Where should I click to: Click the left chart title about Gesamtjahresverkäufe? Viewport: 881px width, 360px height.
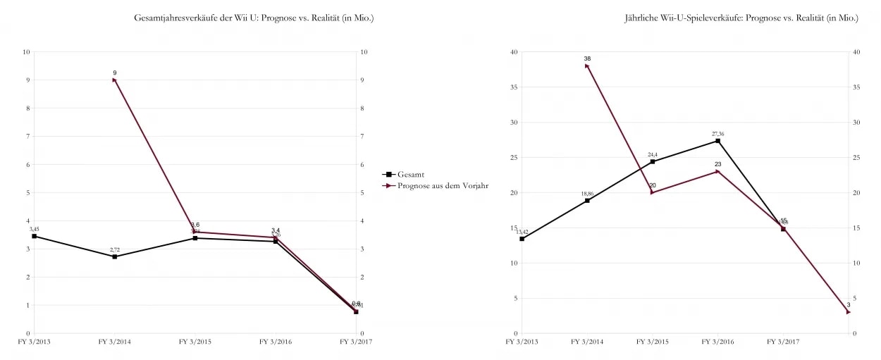tap(254, 18)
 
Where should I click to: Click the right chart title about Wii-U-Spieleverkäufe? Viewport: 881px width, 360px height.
tap(741, 18)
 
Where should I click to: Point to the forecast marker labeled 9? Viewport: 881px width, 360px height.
tap(114, 80)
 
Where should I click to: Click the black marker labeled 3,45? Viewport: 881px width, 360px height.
tap(34, 236)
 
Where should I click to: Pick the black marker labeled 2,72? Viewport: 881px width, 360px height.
tap(114, 256)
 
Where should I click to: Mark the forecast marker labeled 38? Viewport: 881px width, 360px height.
tap(586, 66)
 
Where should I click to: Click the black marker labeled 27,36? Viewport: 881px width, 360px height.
tap(717, 141)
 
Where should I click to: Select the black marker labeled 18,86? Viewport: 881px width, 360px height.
tap(586, 201)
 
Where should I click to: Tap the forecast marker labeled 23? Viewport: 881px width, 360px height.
tap(717, 171)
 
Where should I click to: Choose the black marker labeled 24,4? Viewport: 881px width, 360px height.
tap(652, 161)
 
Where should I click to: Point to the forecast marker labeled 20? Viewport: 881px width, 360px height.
tap(652, 192)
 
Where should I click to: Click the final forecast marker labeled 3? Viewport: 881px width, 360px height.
tap(849, 312)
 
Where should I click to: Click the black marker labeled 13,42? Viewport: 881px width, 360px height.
tap(522, 239)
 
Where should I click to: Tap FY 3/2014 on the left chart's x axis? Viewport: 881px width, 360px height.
tap(114, 342)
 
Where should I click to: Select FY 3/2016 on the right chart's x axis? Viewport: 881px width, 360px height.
tap(717, 342)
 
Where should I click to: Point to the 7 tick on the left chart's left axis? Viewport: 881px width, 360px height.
tap(27, 136)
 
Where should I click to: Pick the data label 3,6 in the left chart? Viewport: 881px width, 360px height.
tap(195, 225)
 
